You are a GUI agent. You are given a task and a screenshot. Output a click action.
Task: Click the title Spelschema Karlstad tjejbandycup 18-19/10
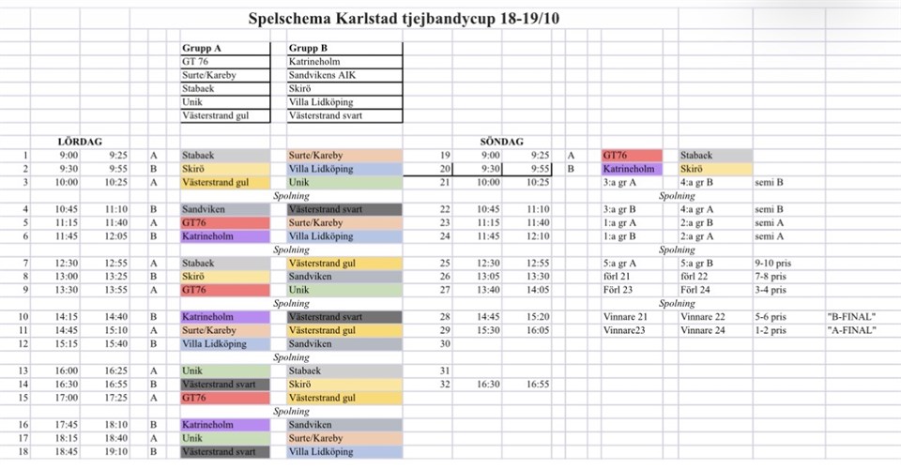pos(406,18)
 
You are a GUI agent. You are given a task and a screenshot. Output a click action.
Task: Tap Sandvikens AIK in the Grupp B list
pos(323,75)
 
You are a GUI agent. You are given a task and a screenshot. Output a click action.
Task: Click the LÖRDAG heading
pos(80,142)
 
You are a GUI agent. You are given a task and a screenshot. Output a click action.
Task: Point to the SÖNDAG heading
pos(501,142)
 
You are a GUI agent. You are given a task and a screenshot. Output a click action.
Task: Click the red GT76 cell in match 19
pos(632,156)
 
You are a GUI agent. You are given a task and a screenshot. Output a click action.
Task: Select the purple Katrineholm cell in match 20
pos(632,170)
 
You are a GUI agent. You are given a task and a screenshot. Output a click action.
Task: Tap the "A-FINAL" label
pos(850,331)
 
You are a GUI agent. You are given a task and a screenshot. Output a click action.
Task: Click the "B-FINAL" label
pos(850,318)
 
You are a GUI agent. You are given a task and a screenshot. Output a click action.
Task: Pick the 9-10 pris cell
pos(772,265)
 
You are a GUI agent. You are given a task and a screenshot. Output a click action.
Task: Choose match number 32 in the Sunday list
pos(445,384)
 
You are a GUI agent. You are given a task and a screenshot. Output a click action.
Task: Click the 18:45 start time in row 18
pos(69,452)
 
